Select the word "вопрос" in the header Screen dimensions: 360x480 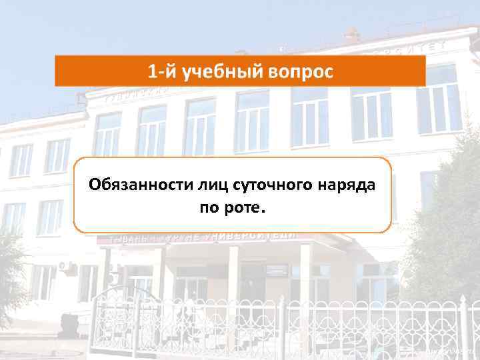(300, 71)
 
